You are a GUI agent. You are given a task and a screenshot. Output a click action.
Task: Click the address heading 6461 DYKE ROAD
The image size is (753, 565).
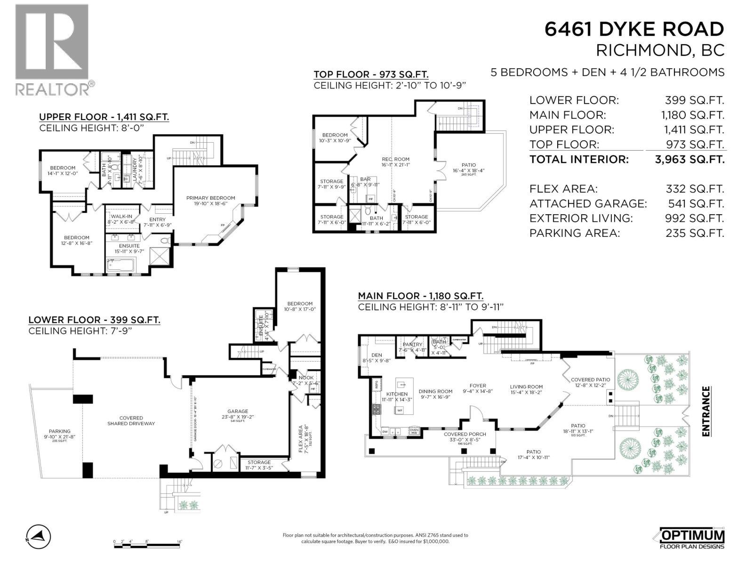pos(634,29)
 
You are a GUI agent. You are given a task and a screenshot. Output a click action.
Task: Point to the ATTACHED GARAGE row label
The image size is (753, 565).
pos(588,204)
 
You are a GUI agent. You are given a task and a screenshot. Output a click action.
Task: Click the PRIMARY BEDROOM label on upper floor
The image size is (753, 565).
pos(210,198)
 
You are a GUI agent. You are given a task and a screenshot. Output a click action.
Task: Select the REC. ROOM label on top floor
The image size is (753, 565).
pos(395,159)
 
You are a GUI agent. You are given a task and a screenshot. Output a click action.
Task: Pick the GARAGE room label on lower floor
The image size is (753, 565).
pos(238,411)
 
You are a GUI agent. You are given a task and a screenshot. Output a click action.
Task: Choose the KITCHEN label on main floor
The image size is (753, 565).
pos(397,394)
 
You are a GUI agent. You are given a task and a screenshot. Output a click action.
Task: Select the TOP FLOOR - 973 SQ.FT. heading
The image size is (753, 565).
pos(371,74)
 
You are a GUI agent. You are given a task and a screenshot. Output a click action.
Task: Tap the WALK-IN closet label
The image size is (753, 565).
pos(121,216)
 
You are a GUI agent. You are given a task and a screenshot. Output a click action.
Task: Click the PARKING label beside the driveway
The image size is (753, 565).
pos(59,431)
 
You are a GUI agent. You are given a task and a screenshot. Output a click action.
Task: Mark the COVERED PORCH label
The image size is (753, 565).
pos(465,434)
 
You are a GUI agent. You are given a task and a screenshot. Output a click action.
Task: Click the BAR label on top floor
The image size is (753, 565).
pos(365,179)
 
